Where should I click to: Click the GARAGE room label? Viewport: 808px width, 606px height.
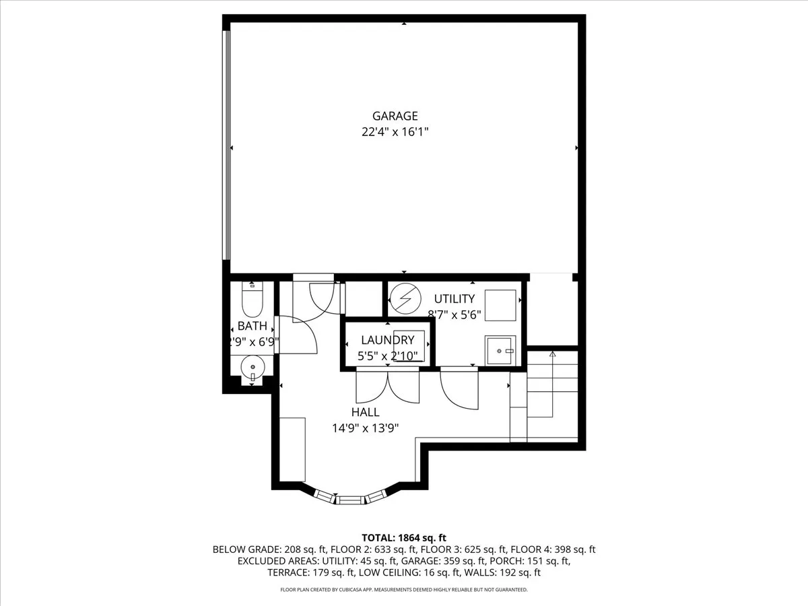pyautogui.click(x=395, y=116)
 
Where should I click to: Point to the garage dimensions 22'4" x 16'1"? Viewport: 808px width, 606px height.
pyautogui.click(x=395, y=133)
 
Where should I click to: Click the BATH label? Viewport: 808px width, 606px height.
pyautogui.click(x=252, y=327)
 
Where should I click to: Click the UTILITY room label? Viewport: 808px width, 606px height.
pyautogui.click(x=454, y=299)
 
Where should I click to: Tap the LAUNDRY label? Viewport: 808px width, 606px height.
pyautogui.click(x=387, y=340)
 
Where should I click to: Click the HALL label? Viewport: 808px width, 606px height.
pyautogui.click(x=365, y=412)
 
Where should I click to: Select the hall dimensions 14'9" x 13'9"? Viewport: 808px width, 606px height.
pyautogui.click(x=365, y=428)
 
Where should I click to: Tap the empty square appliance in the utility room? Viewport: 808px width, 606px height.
pyautogui.click(x=500, y=306)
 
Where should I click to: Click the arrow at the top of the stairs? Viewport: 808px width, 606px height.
pyautogui.click(x=552, y=354)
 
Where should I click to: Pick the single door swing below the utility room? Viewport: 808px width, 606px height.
pyautogui.click(x=459, y=389)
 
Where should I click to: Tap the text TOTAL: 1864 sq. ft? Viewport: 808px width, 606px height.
pyautogui.click(x=404, y=537)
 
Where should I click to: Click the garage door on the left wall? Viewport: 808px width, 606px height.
pyautogui.click(x=228, y=145)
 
